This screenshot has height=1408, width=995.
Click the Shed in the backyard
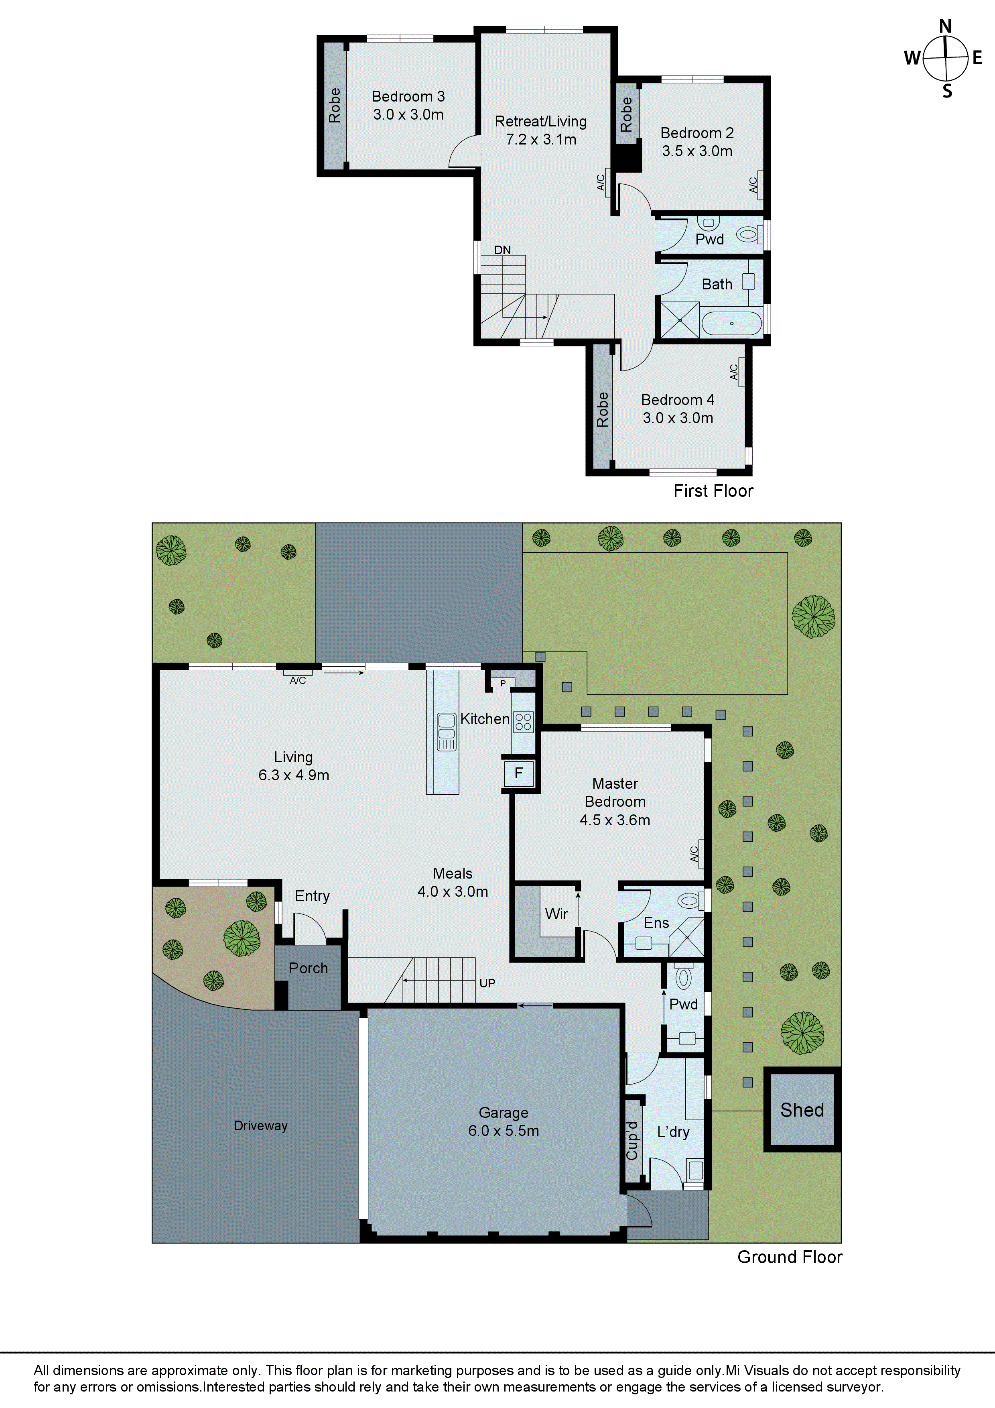click(802, 1109)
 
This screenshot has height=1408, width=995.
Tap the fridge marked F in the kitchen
click(518, 773)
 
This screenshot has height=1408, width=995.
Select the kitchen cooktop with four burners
click(523, 722)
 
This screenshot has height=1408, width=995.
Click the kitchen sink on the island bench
click(446, 731)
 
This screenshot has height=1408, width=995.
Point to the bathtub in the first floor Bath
click(731, 323)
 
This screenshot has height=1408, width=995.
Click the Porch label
click(309, 968)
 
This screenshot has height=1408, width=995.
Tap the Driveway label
click(260, 1125)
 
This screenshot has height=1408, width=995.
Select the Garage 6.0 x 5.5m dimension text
click(504, 1130)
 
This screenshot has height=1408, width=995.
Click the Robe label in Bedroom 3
click(334, 106)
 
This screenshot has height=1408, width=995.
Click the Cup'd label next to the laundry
click(632, 1141)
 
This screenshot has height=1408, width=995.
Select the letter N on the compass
click(945, 26)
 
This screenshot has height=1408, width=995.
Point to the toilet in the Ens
click(689, 900)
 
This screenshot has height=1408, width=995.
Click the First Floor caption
click(713, 490)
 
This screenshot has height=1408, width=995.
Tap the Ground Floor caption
click(790, 1257)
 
